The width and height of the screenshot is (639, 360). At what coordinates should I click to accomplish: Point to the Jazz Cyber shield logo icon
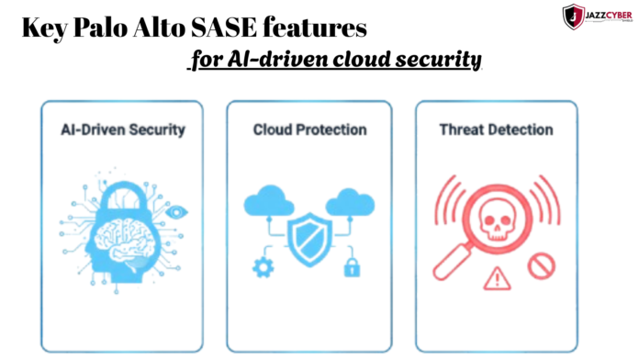tap(573, 16)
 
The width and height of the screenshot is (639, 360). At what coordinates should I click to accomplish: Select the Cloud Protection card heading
tap(310, 129)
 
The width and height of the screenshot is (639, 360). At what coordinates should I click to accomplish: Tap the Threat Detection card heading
tap(496, 129)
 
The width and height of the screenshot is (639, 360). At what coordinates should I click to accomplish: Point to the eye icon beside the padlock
tap(176, 211)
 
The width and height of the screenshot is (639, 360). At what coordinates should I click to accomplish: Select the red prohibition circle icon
tap(542, 266)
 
